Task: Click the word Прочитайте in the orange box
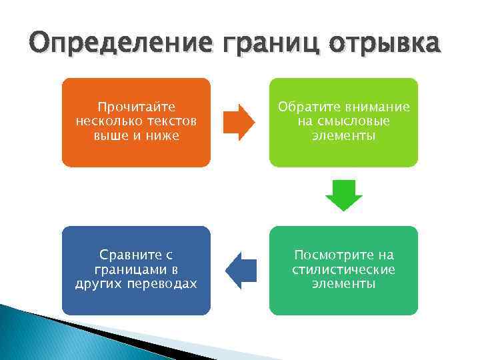point(136,107)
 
